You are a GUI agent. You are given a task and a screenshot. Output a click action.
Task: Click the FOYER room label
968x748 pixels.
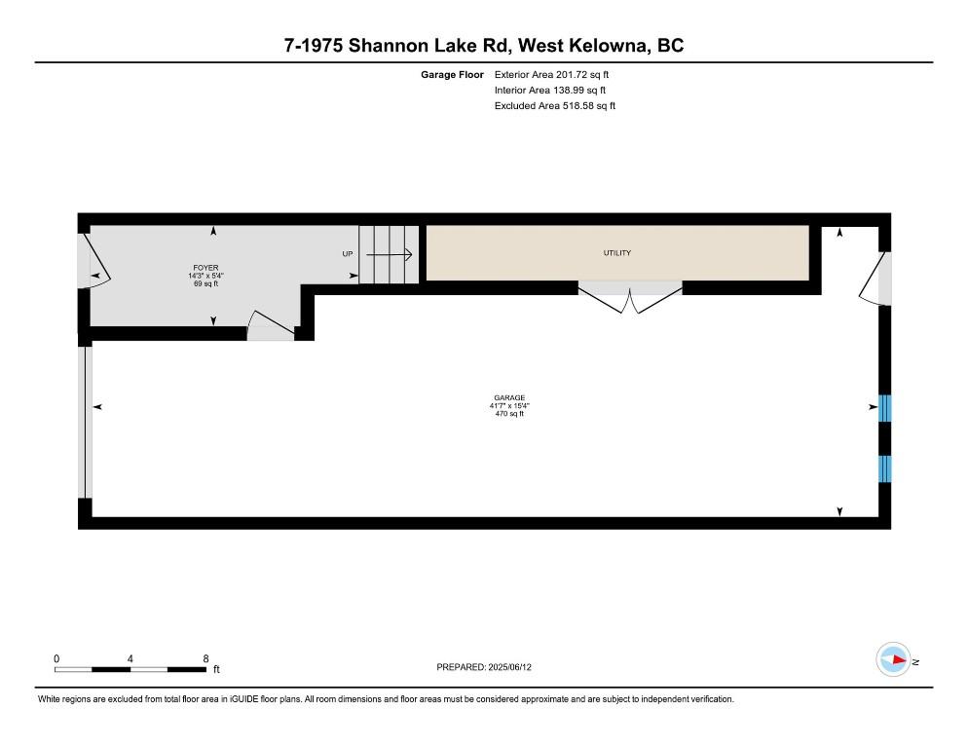tap(205, 266)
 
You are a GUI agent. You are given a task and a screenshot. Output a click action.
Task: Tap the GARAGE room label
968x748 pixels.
tap(509, 397)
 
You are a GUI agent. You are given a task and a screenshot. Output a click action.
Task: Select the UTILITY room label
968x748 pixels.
tap(617, 253)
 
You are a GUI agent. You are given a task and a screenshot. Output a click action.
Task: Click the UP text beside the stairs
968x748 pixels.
tap(347, 254)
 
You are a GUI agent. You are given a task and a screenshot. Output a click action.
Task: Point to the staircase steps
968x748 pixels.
tap(389, 255)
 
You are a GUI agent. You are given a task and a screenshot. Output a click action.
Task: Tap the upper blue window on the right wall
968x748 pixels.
tap(885, 408)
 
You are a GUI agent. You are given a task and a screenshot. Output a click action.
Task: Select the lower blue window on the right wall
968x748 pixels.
tap(885, 468)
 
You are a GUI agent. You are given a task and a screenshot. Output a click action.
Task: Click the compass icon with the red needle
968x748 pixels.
tap(893, 660)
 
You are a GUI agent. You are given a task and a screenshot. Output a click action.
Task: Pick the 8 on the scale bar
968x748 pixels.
tap(206, 658)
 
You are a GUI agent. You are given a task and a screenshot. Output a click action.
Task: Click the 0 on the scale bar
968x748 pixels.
tap(56, 658)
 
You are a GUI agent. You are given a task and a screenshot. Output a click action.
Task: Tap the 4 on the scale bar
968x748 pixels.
tap(130, 658)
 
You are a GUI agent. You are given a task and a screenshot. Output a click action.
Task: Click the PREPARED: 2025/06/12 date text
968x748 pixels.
tap(484, 667)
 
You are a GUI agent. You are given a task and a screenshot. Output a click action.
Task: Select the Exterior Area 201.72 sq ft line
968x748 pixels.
tap(553, 74)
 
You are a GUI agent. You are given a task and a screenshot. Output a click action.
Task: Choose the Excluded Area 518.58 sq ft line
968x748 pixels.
tap(555, 105)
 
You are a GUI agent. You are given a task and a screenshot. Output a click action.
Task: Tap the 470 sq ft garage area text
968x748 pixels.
tap(509, 414)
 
